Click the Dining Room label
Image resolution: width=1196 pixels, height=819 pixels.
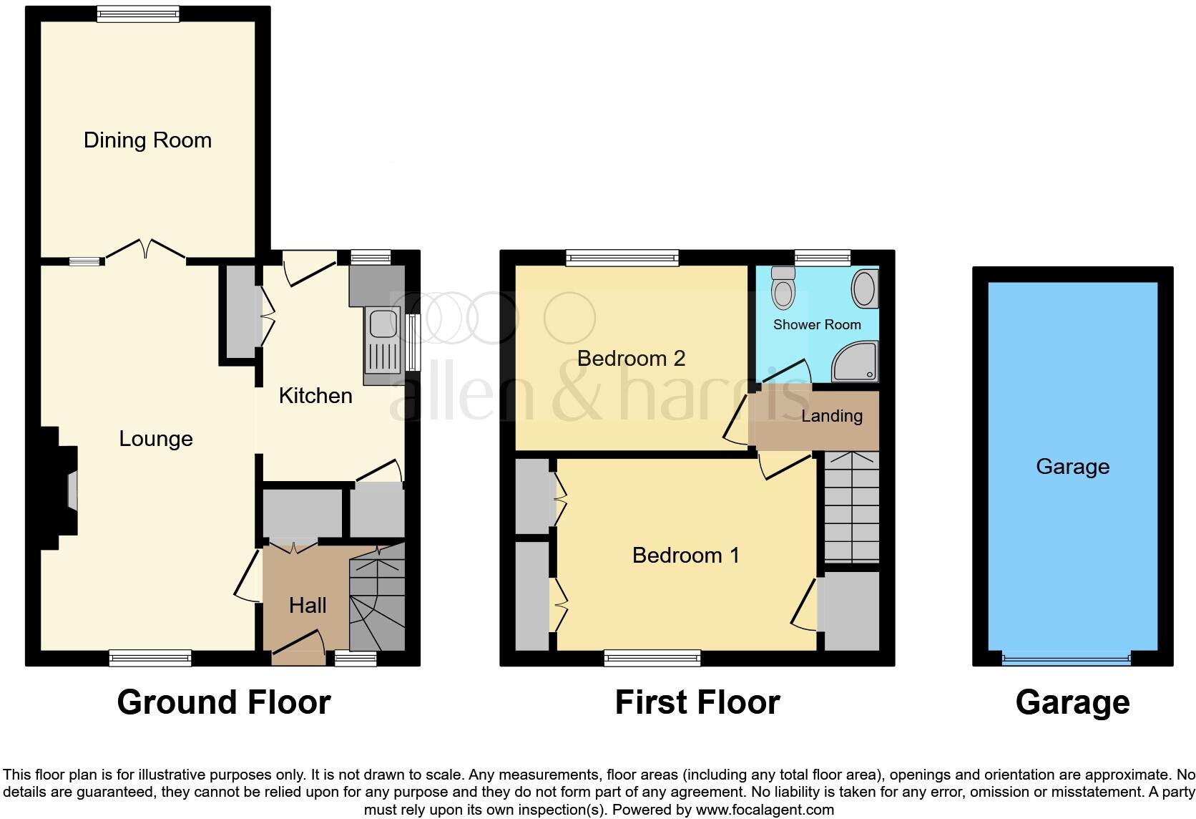pyautogui.click(x=147, y=140)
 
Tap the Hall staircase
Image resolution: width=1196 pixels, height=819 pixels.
pyautogui.click(x=377, y=605)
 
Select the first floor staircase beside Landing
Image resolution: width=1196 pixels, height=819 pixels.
pyautogui.click(x=851, y=507)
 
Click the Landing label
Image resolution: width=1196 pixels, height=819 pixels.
pyautogui.click(x=831, y=416)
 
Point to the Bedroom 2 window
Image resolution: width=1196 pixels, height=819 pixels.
pyautogui.click(x=622, y=258)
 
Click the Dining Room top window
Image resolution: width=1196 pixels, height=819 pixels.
pyautogui.click(x=138, y=14)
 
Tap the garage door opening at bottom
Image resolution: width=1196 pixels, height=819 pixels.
pyautogui.click(x=1066, y=659)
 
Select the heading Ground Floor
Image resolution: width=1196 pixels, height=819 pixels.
pyautogui.click(x=223, y=702)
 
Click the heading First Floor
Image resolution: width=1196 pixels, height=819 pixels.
pyautogui.click(x=697, y=702)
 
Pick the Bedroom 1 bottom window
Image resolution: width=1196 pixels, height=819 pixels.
pyautogui.click(x=652, y=658)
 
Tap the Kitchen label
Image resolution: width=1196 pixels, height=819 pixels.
pyautogui.click(x=315, y=395)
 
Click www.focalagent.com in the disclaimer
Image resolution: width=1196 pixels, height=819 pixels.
pyautogui.click(x=765, y=810)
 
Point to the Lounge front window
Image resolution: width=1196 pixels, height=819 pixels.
pyautogui.click(x=150, y=658)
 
